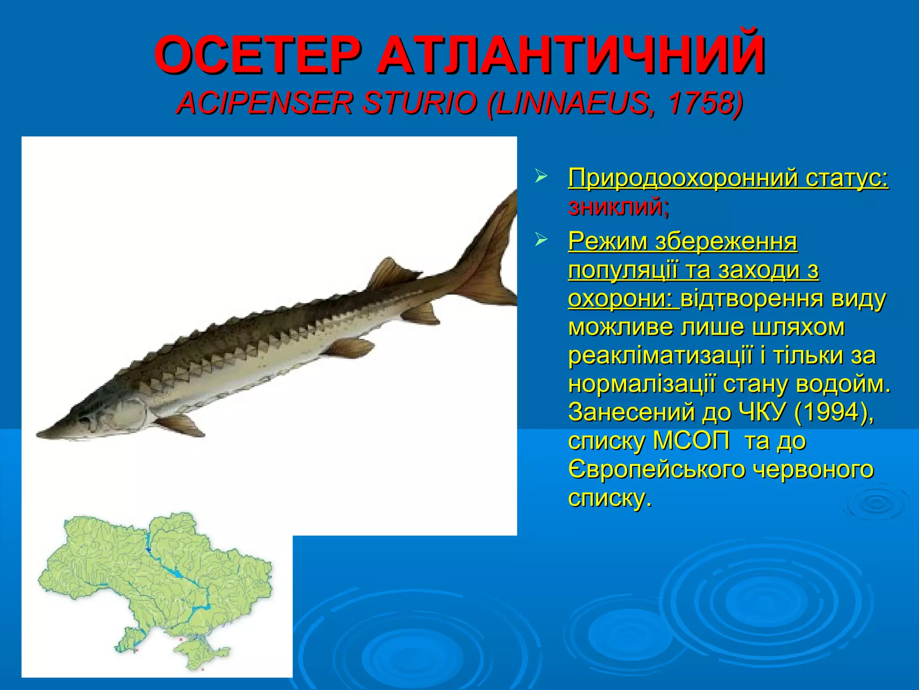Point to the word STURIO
[419, 103]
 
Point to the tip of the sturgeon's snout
[39, 435]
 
